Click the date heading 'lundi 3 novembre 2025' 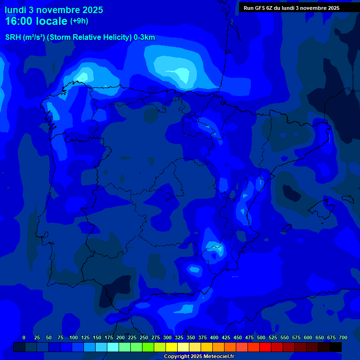click(54, 10)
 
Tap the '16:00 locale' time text click(36, 21)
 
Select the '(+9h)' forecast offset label click(79, 21)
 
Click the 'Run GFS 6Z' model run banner click(292, 8)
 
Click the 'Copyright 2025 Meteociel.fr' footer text click(199, 357)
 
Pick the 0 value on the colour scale click(24, 337)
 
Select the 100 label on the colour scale click(74, 337)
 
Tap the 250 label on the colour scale click(144, 337)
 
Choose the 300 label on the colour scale click(167, 337)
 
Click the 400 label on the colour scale click(214, 337)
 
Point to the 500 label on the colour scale click(261, 337)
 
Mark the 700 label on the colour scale click(343, 337)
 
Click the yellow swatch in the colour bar click(172, 347)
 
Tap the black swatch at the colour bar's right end click(336, 347)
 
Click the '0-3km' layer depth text click(144, 37)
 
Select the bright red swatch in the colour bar click(265, 347)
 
